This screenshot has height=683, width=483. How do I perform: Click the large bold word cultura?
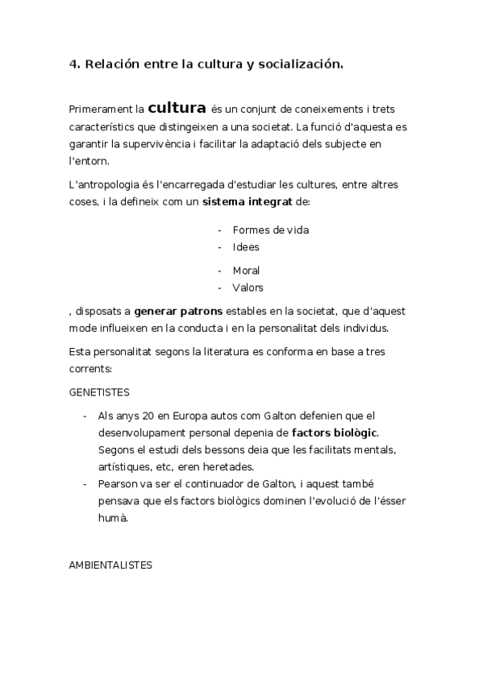click(177, 107)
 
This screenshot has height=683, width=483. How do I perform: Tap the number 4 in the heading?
click(73, 64)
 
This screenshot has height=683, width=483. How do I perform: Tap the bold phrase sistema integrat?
click(247, 201)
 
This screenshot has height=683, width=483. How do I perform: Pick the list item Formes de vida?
click(270, 230)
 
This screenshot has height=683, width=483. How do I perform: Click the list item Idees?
click(246, 246)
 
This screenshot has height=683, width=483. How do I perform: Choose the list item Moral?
click(246, 271)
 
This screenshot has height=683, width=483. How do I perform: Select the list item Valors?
click(248, 287)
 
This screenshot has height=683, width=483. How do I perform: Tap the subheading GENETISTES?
click(100, 391)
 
